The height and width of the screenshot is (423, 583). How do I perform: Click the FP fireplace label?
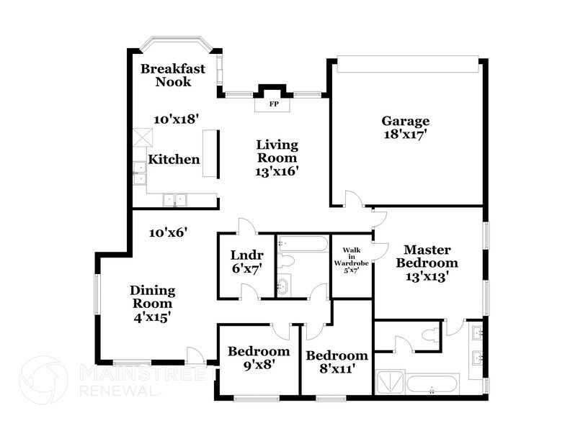click(x=274, y=104)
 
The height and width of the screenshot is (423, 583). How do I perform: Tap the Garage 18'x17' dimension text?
click(x=405, y=134)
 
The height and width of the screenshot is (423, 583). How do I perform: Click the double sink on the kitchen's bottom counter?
click(x=174, y=200)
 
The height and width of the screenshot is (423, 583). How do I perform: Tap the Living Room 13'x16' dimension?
click(x=277, y=171)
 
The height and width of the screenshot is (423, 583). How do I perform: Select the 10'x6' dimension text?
click(x=168, y=232)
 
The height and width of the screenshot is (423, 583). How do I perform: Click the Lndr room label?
click(x=246, y=255)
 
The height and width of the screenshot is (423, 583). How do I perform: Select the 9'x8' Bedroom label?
click(x=259, y=364)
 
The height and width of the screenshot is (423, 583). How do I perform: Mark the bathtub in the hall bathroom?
click(x=303, y=244)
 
